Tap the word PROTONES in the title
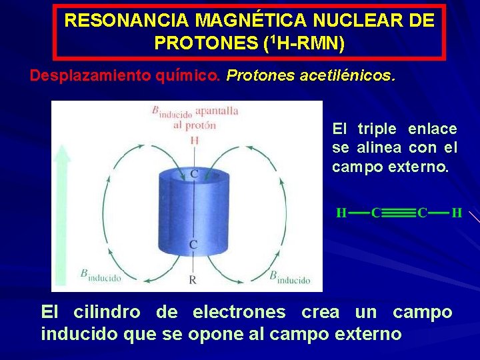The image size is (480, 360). [x=206, y=44]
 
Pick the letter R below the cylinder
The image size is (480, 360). [x=193, y=280]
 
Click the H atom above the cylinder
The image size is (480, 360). [x=194, y=140]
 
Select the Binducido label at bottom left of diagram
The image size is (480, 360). [x=101, y=275]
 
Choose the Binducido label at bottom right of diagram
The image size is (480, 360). [x=290, y=276]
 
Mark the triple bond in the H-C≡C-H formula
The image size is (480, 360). [x=399, y=213]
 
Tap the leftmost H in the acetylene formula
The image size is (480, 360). [x=341, y=213]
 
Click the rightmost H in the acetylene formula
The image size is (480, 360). [x=457, y=213]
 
